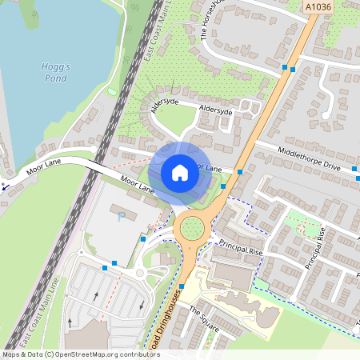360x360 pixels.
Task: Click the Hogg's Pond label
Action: pos(55,73)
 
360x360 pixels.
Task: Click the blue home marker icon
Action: pos(180,173)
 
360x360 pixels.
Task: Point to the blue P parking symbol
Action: pos(122,217)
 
